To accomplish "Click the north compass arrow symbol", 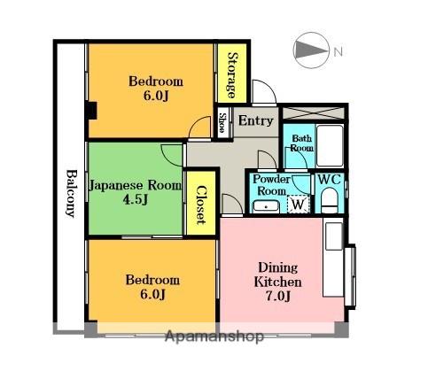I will (310, 50).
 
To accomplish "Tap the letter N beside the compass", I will (338, 51).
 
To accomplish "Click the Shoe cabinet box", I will (223, 122).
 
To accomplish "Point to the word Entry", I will (256, 120).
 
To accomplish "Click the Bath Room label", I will (302, 143).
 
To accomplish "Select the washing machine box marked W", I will (299, 205).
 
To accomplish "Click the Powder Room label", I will (268, 184).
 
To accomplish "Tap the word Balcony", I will (69, 194).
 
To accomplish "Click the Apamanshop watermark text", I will (214, 336).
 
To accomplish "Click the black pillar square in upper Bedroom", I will (92, 112).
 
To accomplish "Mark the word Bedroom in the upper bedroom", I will (156, 82).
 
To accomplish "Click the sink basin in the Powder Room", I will (264, 205).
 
